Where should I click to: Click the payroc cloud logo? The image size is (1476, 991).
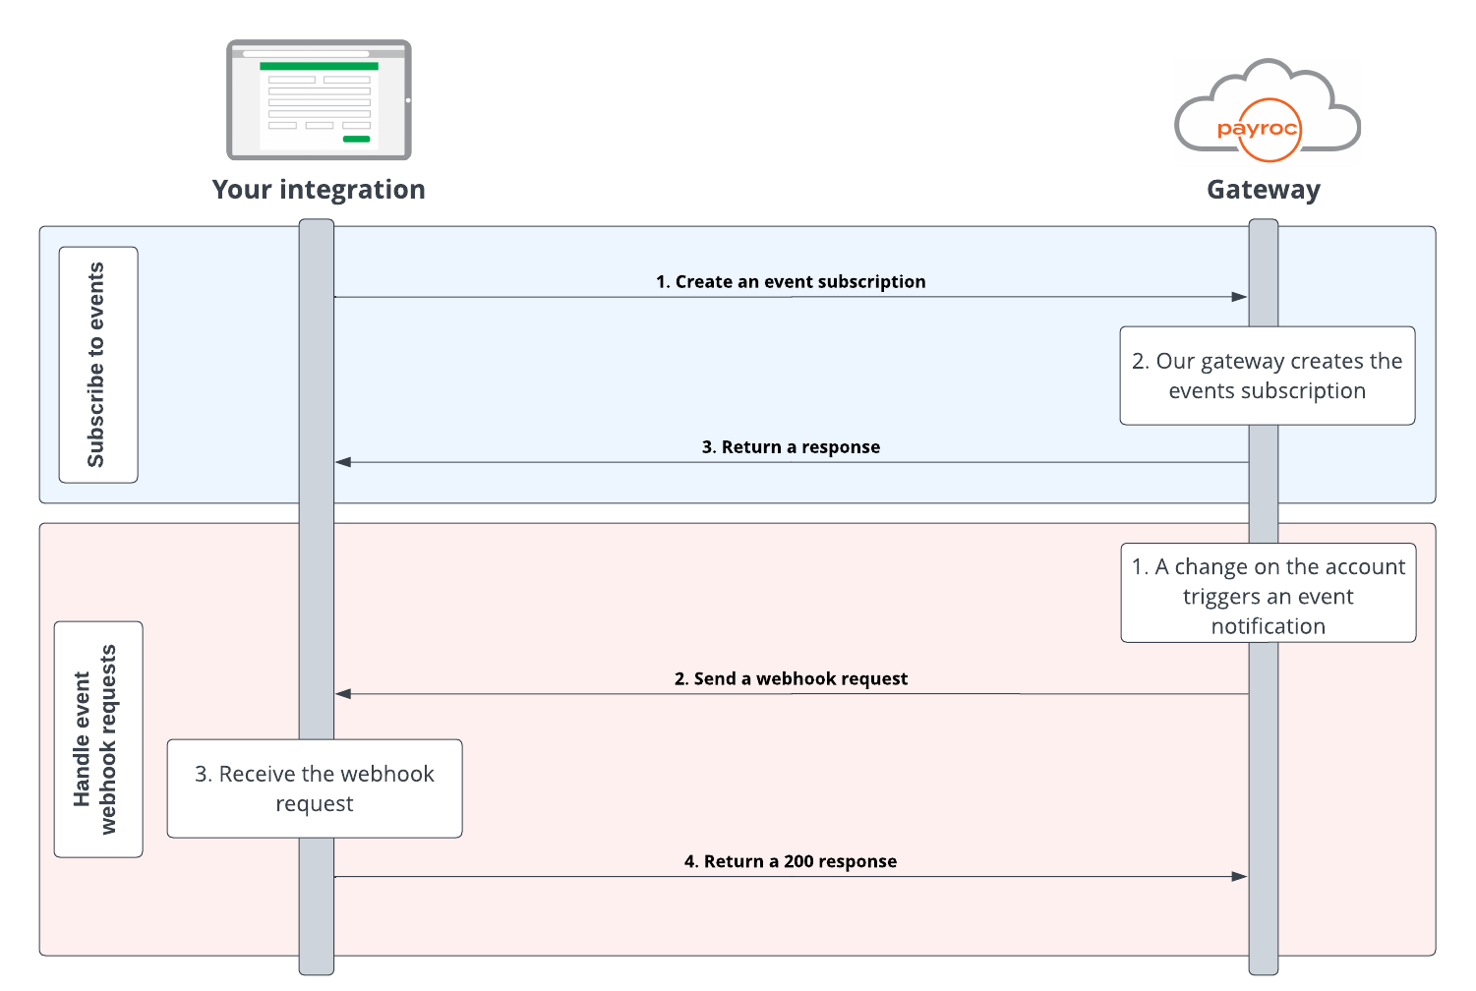coord(1268,112)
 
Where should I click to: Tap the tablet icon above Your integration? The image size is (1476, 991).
coord(319,100)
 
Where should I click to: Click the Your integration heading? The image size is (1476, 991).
coord(319,189)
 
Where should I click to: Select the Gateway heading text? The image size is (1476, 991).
coord(1264,189)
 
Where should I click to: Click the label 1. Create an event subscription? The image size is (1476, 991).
coord(791,282)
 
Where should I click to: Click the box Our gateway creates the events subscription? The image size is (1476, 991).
coord(1267,376)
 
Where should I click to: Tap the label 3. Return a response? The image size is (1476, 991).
coord(791,447)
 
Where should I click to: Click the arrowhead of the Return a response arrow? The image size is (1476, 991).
coord(343,462)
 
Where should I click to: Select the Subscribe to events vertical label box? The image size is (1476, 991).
coord(98,365)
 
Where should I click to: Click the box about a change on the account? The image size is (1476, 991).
coord(1268,593)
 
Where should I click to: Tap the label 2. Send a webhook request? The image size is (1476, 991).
coord(791,678)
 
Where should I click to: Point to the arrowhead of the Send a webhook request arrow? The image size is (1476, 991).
coord(343,694)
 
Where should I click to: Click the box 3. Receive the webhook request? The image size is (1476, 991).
coord(314,788)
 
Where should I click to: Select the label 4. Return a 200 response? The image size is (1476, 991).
coord(791,862)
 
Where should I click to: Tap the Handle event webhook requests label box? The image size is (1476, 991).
coord(98,739)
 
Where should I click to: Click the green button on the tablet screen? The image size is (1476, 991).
coord(356,140)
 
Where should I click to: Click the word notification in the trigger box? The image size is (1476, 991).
coord(1268,626)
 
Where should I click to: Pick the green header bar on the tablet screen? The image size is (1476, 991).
coord(319,66)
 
